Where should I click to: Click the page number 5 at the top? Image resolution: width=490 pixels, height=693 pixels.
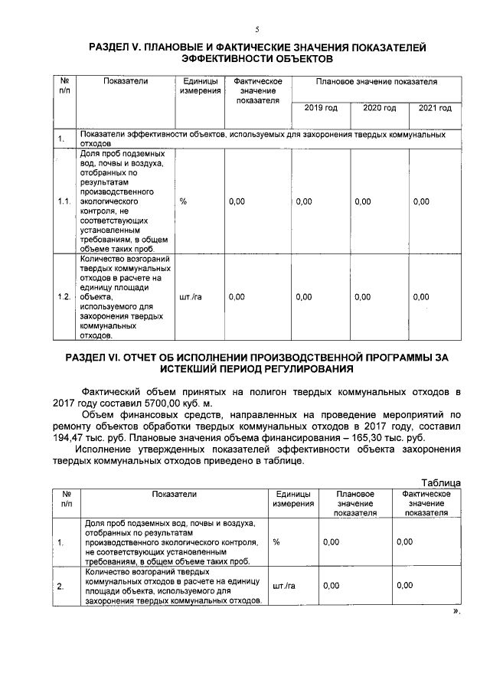coord(257,30)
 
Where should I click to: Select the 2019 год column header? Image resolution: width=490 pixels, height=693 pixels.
coord(320,108)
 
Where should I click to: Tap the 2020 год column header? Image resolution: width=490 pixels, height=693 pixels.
coord(379,108)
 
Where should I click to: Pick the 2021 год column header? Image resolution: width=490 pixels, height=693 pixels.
coord(435,108)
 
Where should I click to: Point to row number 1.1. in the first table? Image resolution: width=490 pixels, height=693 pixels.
coord(64,201)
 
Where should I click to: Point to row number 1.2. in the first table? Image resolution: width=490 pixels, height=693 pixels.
coord(64,296)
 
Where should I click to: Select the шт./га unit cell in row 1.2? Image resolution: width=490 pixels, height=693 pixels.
coord(190,296)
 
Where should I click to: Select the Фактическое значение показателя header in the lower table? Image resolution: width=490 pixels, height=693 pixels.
coord(426,503)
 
